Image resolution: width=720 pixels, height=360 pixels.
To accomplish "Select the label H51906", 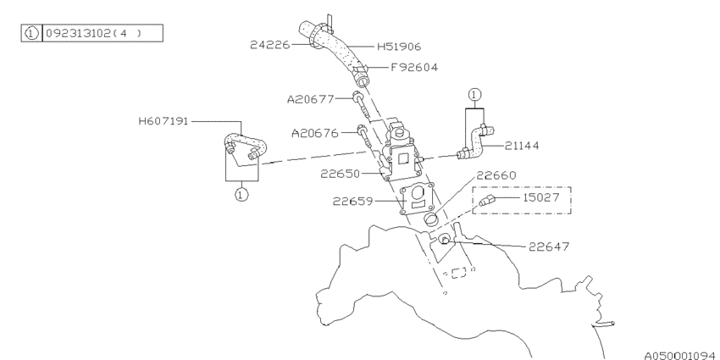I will click(x=396, y=47).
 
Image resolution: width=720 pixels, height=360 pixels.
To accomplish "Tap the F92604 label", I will click(x=413, y=68).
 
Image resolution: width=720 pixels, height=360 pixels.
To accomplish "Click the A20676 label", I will click(x=314, y=133).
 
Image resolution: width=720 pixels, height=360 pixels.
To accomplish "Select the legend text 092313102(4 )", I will click(x=97, y=34).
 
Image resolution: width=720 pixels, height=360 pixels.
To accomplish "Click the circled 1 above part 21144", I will click(x=475, y=93).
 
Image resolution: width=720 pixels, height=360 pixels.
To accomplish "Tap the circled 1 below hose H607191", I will click(x=241, y=195).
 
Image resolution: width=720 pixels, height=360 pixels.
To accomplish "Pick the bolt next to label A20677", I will click(x=359, y=105).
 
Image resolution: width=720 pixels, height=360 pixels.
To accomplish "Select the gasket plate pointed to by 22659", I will click(x=416, y=197).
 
